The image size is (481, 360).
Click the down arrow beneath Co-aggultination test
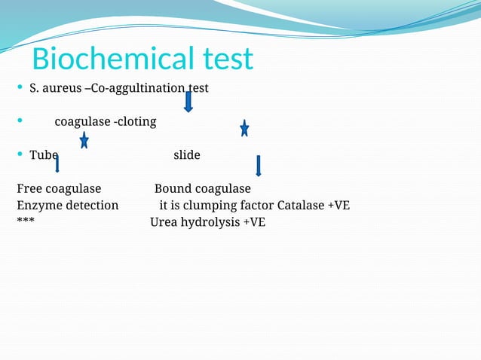pyautogui.click(x=188, y=100)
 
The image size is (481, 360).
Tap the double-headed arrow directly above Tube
pyautogui.click(x=84, y=139)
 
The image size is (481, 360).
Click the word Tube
pyautogui.click(x=44, y=155)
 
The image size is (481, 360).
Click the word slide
pyautogui.click(x=187, y=155)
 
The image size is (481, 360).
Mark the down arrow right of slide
pyautogui.click(x=259, y=166)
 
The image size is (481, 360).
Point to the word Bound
pyautogui.click(x=173, y=188)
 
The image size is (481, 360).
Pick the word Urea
pyautogui.click(x=164, y=222)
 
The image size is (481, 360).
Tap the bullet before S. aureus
pyautogui.click(x=19, y=89)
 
